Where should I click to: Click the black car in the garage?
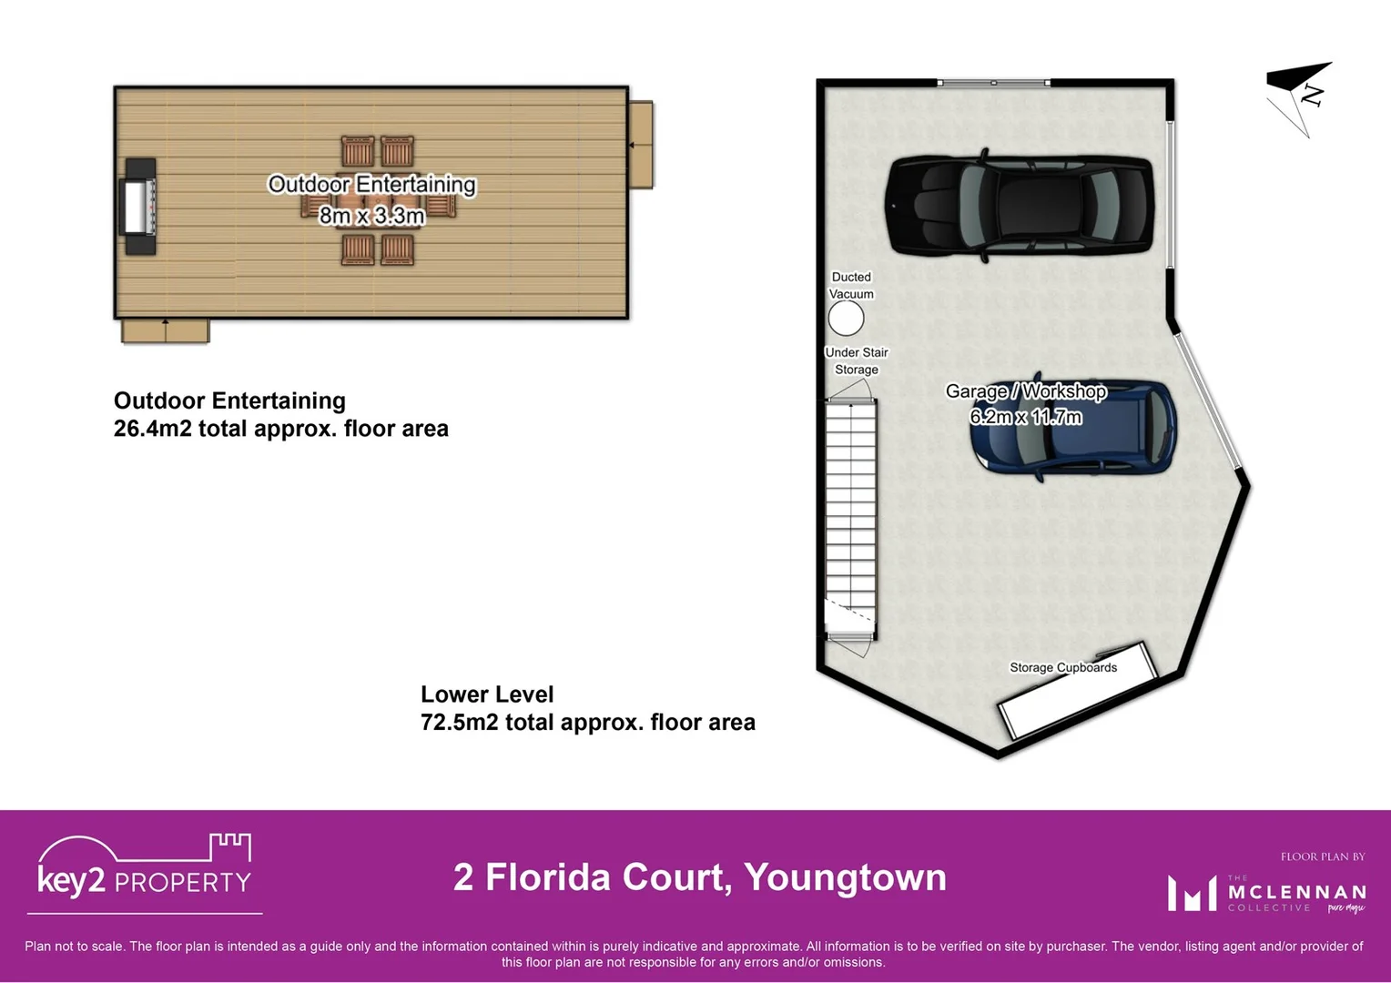[1020, 205]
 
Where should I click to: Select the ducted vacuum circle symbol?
[846, 319]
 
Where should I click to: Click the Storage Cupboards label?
[1062, 667]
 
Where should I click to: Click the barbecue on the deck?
[139, 207]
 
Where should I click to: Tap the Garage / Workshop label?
[1025, 391]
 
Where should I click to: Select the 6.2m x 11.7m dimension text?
[1025, 417]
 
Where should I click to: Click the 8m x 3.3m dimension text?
[371, 216]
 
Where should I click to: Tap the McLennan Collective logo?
[1266, 893]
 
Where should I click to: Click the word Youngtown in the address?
[845, 877]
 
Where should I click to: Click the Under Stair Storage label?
[856, 360]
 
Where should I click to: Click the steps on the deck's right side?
[641, 144]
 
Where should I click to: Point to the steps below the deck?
[165, 330]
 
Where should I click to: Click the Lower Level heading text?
[486, 694]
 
